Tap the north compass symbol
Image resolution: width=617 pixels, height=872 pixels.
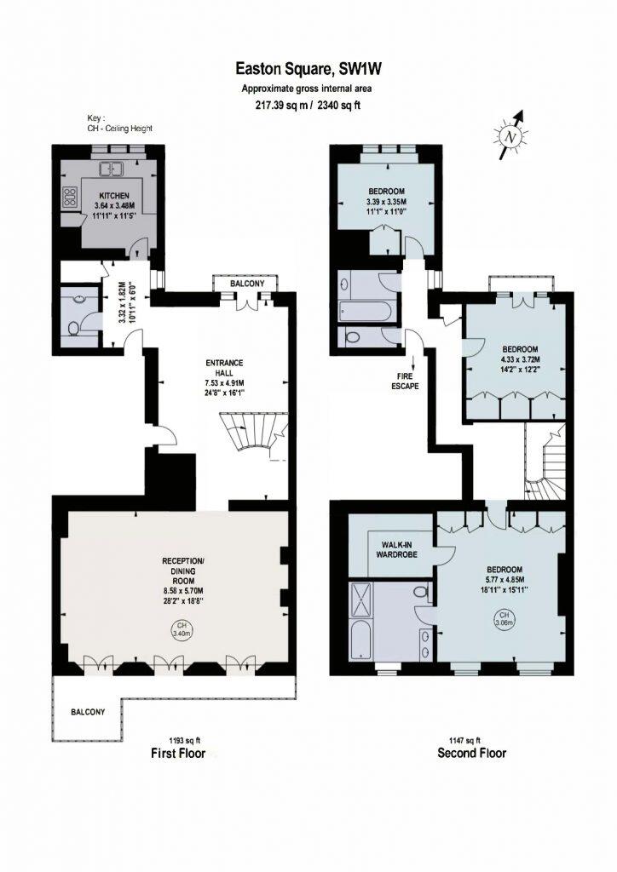[510, 135]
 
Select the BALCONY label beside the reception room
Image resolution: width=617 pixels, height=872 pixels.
[88, 712]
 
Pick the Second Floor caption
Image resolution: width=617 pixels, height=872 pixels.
[471, 753]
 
